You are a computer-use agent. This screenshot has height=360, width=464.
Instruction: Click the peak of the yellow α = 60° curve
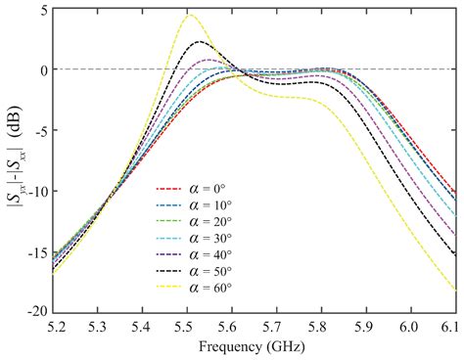coord(190,16)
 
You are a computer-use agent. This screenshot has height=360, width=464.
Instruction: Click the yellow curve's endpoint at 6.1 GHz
coord(455,291)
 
